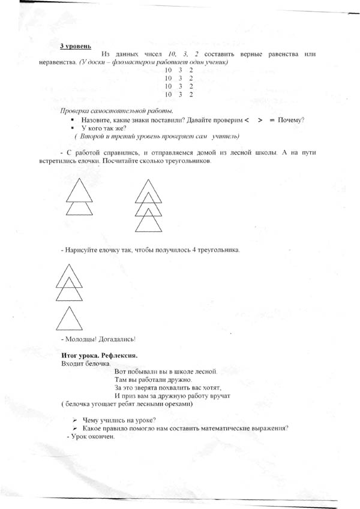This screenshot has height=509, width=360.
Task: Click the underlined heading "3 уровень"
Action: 76,46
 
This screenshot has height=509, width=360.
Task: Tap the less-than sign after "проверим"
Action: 247,120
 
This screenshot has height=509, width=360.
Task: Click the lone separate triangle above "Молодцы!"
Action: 70,319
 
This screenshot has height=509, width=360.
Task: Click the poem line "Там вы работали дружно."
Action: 153,380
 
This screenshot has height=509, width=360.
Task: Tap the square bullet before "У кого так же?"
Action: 72,128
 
